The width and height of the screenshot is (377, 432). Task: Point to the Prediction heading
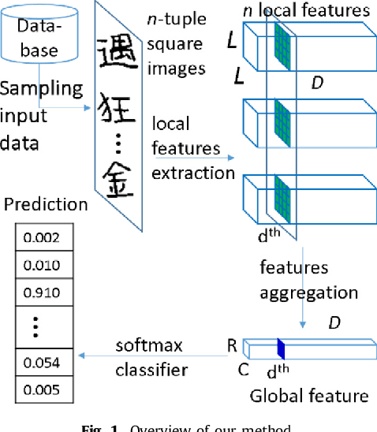click(47, 204)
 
